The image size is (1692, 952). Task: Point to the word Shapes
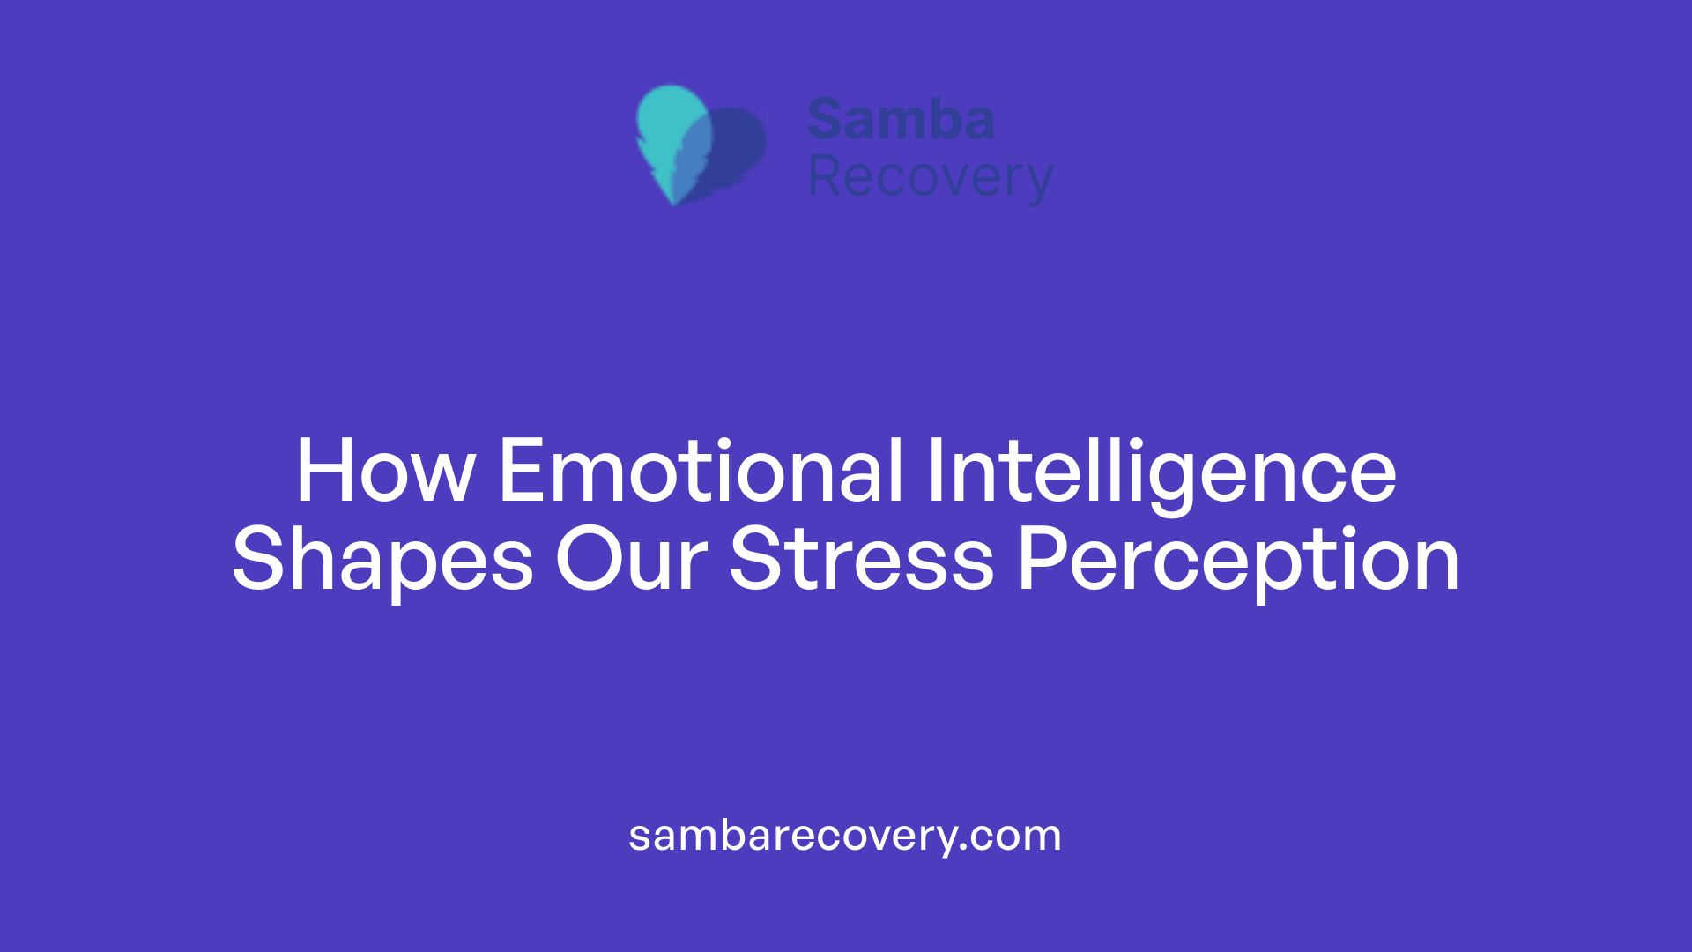(382, 559)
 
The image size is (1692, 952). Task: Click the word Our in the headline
(631, 559)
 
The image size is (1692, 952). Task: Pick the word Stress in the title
(861, 559)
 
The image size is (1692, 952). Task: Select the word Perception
(1238, 559)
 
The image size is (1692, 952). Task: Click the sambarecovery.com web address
(845, 836)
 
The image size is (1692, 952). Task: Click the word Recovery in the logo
(930, 177)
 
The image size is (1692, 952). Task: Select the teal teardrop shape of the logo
(670, 123)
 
